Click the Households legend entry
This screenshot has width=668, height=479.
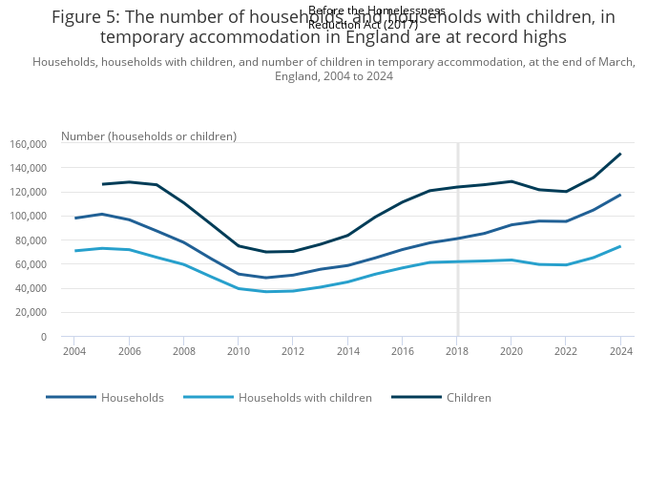tap(132, 397)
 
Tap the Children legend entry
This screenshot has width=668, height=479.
tap(468, 397)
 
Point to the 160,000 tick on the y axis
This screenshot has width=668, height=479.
tap(28, 144)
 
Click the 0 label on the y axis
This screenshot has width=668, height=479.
tap(43, 337)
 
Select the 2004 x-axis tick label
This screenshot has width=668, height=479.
tap(74, 351)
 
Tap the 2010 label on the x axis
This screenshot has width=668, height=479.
tap(239, 351)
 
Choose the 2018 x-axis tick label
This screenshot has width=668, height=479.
tap(457, 351)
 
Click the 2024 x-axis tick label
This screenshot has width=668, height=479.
tap(620, 351)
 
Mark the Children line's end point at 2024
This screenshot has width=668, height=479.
tap(620, 154)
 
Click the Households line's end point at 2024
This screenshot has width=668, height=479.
tap(620, 195)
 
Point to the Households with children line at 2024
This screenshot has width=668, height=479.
tap(620, 246)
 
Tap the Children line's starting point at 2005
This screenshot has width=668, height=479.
tap(102, 184)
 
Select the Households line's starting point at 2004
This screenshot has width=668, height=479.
tap(74, 219)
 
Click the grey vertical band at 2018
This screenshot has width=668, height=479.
tap(458, 286)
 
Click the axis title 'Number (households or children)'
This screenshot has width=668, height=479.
tap(149, 136)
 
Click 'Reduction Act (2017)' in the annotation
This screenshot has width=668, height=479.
tap(363, 25)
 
